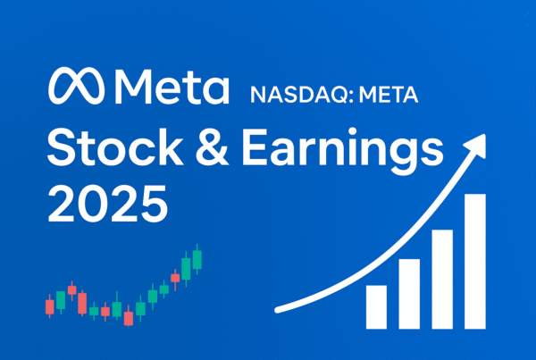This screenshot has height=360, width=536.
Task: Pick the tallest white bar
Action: pos(474,260)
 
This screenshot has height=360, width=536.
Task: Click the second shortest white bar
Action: pos(409,293)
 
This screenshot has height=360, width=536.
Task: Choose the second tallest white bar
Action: pos(442,278)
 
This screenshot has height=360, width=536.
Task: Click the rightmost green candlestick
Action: pos(197,259)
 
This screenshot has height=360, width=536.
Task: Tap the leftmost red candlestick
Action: pos(50,306)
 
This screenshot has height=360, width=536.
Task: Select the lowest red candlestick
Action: pos(129,317)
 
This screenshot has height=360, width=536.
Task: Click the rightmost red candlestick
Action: pos(175,277)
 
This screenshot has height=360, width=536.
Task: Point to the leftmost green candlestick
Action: pos(61,300)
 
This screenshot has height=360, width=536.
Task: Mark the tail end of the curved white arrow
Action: pos(276,309)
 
